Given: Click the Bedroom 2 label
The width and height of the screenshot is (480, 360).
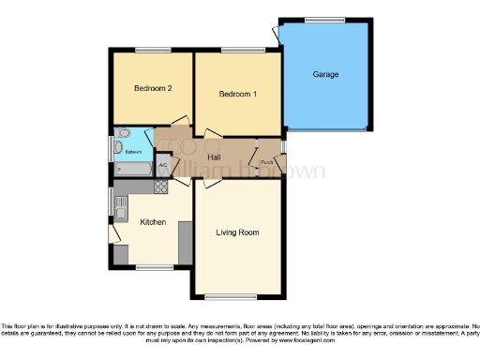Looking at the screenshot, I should tap(152, 89).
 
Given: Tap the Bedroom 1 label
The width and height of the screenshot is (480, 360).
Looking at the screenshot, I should tap(238, 94).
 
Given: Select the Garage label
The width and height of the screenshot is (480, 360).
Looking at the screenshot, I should tap(325, 74).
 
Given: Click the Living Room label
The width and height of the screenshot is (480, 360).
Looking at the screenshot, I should tap(237, 232).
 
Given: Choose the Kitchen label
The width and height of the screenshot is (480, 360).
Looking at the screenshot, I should tap(153, 222).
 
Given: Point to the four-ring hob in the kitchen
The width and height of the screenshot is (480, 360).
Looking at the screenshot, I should tap(161, 186).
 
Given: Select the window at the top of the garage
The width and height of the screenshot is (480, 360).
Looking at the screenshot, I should tap(325, 19).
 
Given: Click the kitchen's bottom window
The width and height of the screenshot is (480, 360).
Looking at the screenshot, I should tap(148, 267).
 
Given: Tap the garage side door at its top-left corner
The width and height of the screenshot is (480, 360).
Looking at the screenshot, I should tap(276, 33).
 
